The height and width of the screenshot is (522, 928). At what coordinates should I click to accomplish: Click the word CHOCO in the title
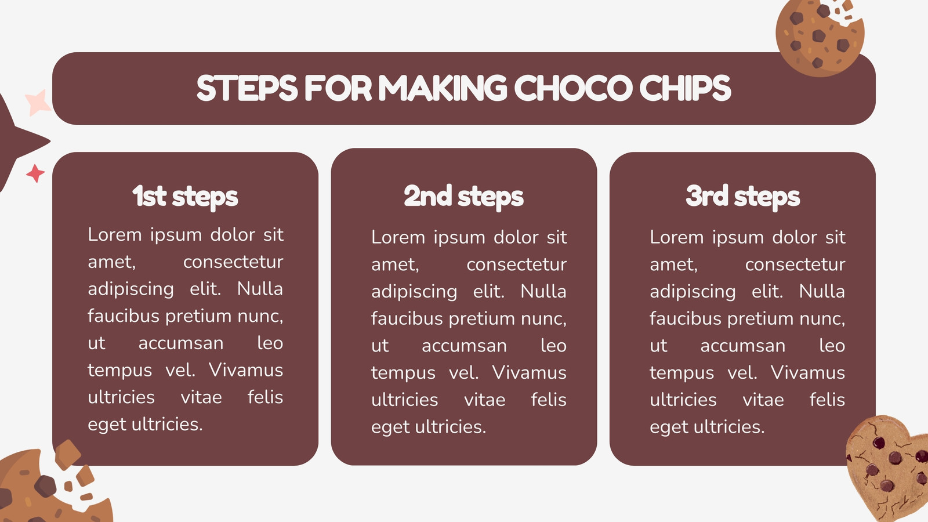point(573,88)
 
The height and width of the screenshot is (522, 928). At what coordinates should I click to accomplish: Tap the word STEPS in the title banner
point(247,88)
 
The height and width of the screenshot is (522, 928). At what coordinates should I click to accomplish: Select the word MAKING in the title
point(443,88)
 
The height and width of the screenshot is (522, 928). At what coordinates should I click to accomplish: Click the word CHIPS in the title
point(685,88)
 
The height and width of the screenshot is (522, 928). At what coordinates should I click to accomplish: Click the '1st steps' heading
point(185,197)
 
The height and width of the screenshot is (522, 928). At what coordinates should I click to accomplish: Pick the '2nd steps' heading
point(463,197)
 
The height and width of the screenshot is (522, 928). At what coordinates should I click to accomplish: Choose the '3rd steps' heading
point(742,197)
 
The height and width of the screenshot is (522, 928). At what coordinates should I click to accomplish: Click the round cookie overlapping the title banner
point(820,38)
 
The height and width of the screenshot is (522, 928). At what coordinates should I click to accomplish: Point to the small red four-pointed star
point(35,173)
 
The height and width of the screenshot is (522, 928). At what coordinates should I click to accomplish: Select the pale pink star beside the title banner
point(38,102)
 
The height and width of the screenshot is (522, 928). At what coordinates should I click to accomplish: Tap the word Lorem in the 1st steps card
point(115,235)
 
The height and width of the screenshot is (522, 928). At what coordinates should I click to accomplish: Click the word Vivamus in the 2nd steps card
point(529,372)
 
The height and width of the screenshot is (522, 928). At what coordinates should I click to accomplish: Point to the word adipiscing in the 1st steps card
point(130,289)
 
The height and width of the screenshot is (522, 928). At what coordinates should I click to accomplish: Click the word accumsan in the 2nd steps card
point(464,346)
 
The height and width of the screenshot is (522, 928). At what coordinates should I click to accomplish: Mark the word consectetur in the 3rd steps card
point(795,264)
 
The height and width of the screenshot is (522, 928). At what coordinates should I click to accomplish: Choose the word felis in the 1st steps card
point(265,397)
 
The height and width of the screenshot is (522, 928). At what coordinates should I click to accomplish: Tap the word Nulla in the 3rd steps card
point(822,291)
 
